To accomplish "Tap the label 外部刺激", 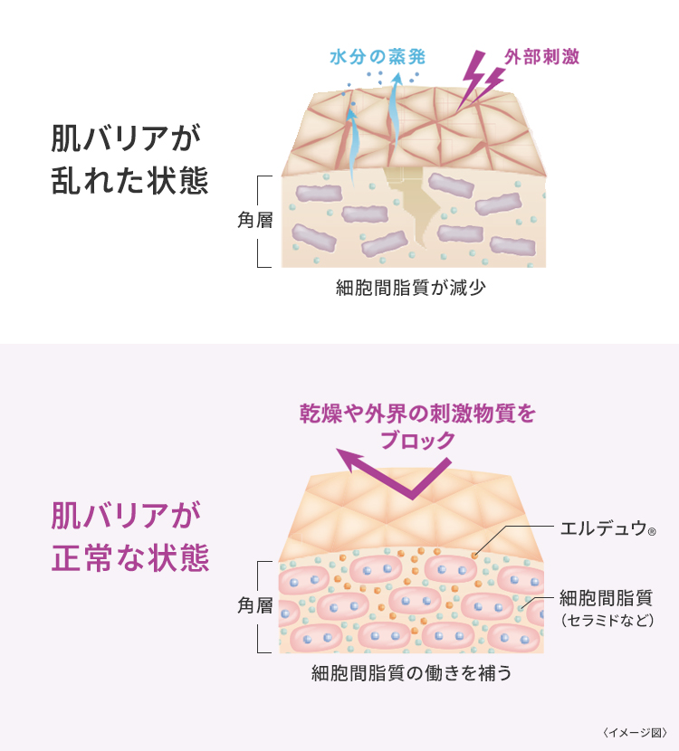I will pyautogui.click(x=542, y=56).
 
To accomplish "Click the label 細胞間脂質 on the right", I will pyautogui.click(x=606, y=597).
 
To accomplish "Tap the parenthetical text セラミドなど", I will pyautogui.click(x=606, y=621).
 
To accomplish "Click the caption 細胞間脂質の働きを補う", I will pyautogui.click(x=412, y=673).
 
